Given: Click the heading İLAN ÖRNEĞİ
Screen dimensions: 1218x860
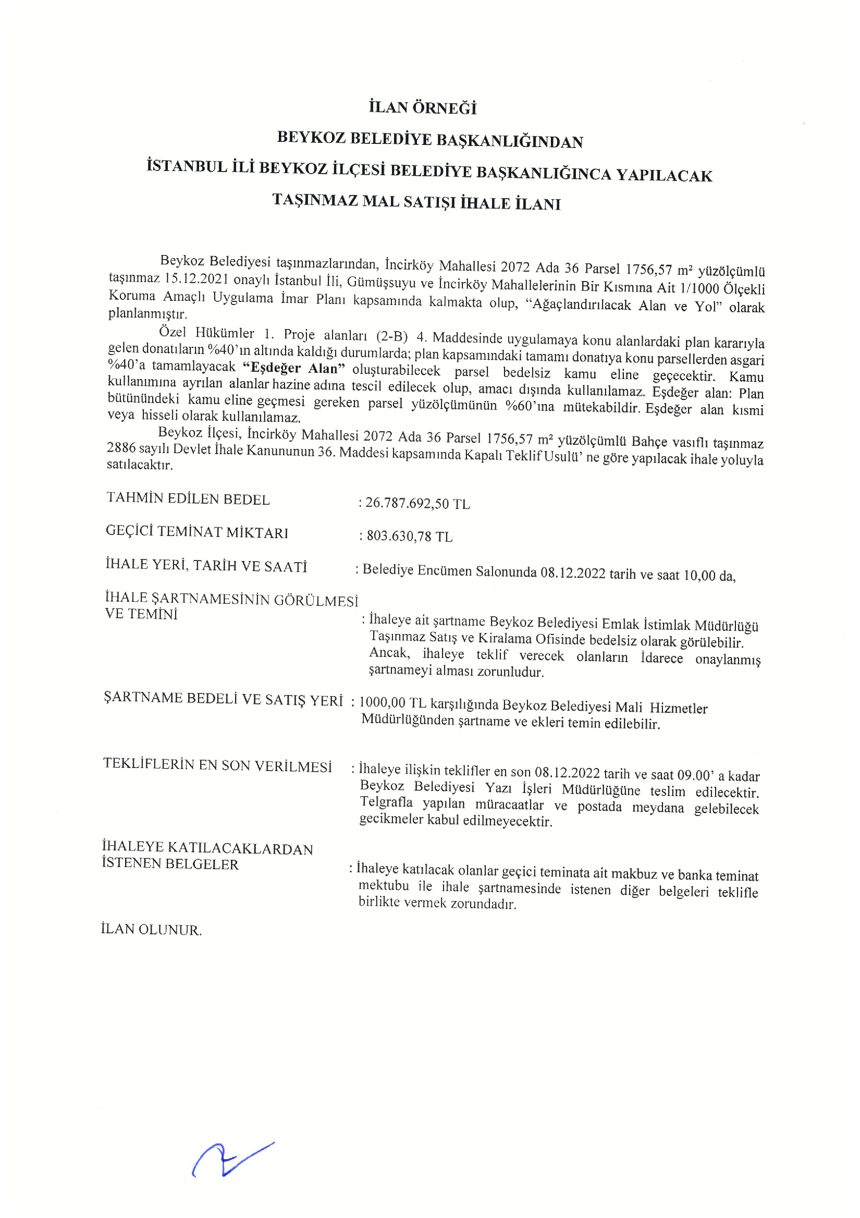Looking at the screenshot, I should tap(423, 108).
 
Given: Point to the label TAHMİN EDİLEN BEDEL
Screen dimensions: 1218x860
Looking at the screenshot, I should tap(188, 499).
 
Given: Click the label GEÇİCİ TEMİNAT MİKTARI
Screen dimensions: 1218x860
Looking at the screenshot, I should tap(196, 532).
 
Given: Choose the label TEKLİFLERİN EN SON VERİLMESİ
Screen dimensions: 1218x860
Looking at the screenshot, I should tap(217, 765).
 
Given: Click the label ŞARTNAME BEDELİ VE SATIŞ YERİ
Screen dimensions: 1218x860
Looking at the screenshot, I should tap(223, 699).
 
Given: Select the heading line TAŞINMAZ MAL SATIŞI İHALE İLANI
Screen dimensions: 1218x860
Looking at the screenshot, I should tap(416, 202).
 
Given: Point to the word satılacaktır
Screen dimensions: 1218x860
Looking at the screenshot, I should tap(140, 465).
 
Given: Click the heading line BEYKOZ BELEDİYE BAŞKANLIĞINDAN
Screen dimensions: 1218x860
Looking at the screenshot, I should tap(430, 140).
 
